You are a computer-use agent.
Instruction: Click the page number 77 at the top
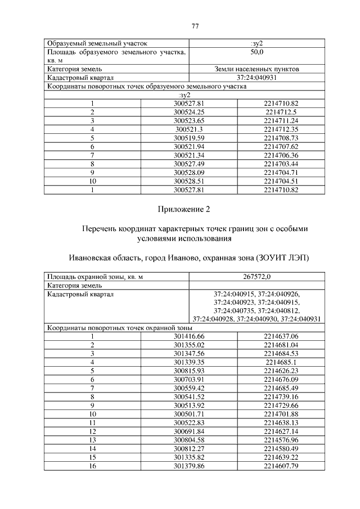196,26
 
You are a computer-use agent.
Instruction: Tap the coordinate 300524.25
189,112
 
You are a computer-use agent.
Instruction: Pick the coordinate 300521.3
189,129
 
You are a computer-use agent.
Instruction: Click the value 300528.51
189,181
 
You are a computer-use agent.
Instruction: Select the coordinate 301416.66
189,336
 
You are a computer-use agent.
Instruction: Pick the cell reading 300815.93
189,371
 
